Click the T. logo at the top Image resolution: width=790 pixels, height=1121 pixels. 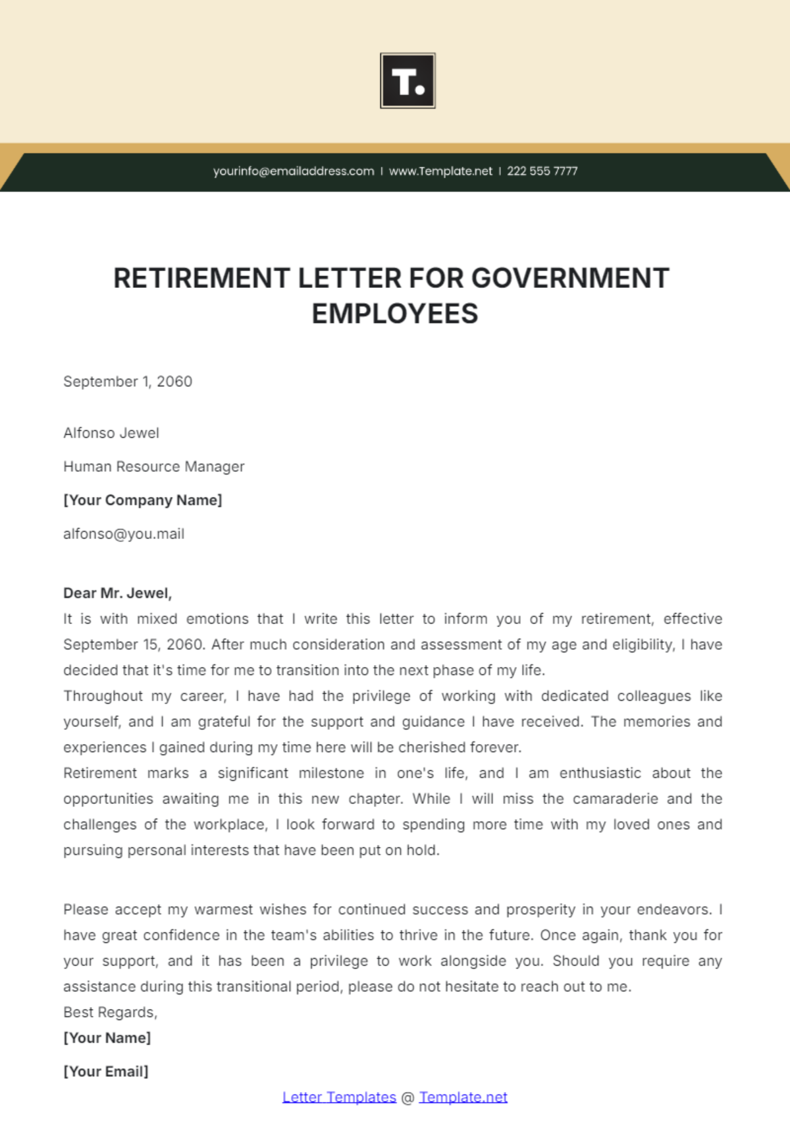coord(408,80)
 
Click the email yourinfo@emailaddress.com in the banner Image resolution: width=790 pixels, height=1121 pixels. coord(293,171)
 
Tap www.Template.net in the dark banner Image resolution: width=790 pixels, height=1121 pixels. coord(440,171)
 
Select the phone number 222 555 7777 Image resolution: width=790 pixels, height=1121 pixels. coord(542,171)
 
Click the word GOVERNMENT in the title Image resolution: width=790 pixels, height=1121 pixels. coord(570,279)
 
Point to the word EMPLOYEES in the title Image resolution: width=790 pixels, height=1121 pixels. coord(395,314)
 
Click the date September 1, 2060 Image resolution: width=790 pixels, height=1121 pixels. coord(128,382)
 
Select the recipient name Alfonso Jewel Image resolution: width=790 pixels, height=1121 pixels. coord(111,433)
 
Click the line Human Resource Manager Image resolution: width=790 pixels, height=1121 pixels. coord(153,467)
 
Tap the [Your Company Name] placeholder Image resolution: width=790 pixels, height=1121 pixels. coord(143,500)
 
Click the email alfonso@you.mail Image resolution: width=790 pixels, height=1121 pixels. coord(124,534)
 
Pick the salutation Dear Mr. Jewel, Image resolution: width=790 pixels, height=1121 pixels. coord(117,593)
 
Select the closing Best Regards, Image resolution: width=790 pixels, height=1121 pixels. coord(110,1012)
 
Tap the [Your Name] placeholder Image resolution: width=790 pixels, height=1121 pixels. coord(107,1038)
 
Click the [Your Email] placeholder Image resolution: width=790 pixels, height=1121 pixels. coord(105,1072)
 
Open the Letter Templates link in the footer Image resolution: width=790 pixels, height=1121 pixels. coord(339,1097)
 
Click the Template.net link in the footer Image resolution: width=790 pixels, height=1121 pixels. coord(463,1097)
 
